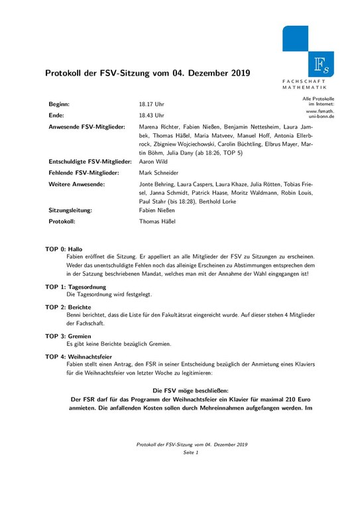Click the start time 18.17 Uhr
pos(151,105)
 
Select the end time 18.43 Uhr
pos(151,115)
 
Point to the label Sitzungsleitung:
pos(70,209)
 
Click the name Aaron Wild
pos(154,162)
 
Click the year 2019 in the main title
pos(239,73)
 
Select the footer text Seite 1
pos(191,452)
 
